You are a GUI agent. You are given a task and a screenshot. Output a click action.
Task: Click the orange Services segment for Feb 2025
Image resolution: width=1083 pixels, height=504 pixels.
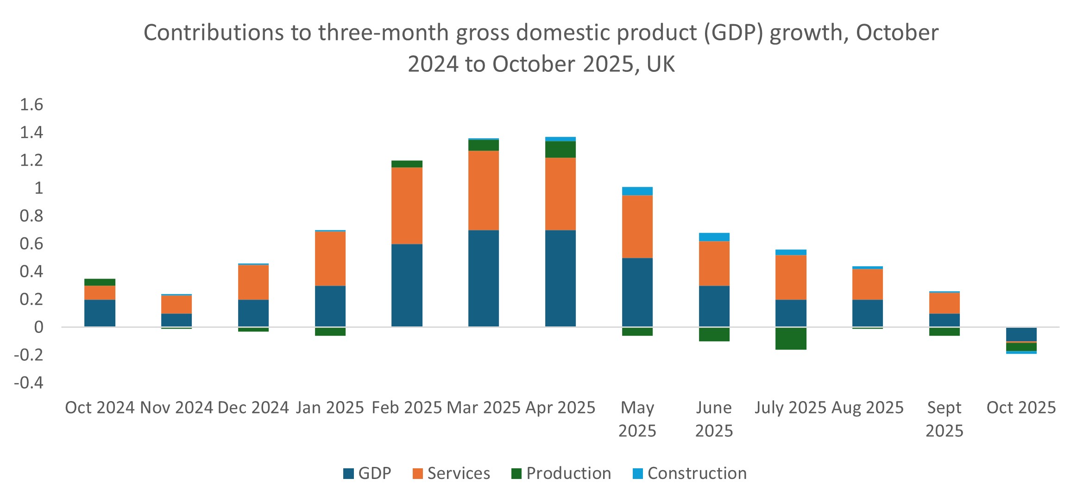pos(407,205)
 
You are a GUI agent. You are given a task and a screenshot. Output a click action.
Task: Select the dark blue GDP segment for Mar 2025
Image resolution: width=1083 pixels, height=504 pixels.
pos(484,278)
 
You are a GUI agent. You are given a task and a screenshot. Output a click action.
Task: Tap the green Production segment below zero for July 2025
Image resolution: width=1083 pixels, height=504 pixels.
pos(791,338)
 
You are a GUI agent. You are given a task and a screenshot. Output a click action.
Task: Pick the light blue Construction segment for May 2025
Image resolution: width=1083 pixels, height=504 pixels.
pos(637,191)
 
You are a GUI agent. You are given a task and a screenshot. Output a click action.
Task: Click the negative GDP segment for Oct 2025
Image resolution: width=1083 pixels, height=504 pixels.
pos(1021,334)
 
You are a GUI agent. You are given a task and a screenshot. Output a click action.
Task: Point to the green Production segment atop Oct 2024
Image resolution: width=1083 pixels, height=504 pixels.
pos(100,282)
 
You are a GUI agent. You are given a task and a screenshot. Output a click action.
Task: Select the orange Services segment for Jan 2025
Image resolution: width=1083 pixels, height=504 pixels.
pos(330,258)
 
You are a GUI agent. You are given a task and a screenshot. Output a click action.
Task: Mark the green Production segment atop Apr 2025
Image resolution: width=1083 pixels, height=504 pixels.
pos(560,149)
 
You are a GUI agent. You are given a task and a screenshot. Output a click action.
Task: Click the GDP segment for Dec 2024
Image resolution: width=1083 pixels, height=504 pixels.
pos(253,313)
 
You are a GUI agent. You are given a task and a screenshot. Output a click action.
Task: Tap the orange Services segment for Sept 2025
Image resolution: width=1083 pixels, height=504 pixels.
pos(944,303)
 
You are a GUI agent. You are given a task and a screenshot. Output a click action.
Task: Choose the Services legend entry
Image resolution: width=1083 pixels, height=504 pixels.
pos(451,473)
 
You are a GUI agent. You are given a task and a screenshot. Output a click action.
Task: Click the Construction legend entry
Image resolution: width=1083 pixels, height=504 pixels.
pos(690,473)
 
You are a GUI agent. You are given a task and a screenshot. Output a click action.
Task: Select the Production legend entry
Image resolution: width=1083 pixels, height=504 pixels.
pos(561,473)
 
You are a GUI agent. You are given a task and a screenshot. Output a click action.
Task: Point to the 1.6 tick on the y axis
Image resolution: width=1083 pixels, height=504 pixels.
pos(31,105)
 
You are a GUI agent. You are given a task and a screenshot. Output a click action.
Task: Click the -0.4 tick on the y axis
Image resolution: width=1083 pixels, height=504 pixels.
pos(29,383)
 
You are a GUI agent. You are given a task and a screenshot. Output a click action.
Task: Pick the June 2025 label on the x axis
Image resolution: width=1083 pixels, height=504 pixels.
pos(714,419)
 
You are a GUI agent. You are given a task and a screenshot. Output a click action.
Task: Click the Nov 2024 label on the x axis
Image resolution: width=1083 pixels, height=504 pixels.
pos(176,408)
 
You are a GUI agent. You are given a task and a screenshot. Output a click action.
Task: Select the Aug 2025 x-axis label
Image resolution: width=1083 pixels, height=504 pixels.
pos(867,408)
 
